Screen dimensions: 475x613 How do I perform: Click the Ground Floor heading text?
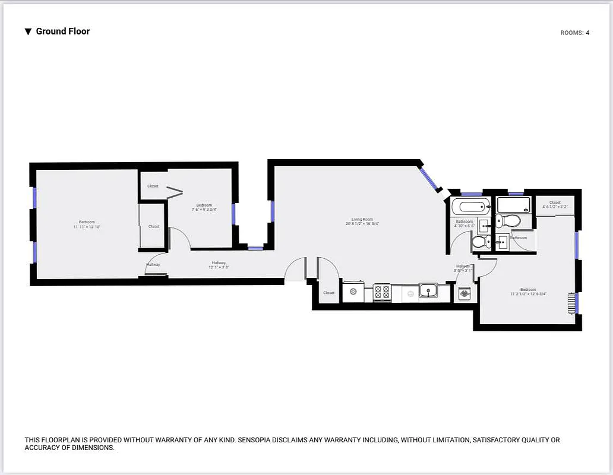pos(62,31)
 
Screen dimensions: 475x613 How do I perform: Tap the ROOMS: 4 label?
pos(574,33)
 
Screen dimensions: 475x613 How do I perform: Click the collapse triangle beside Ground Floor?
pos(28,32)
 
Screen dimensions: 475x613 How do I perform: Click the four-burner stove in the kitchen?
pos(382,292)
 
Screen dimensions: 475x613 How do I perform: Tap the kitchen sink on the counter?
pos(428,291)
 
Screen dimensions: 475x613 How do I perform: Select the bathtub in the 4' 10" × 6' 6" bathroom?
pos(470,207)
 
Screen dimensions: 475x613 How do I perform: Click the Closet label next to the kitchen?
pos(328,293)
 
